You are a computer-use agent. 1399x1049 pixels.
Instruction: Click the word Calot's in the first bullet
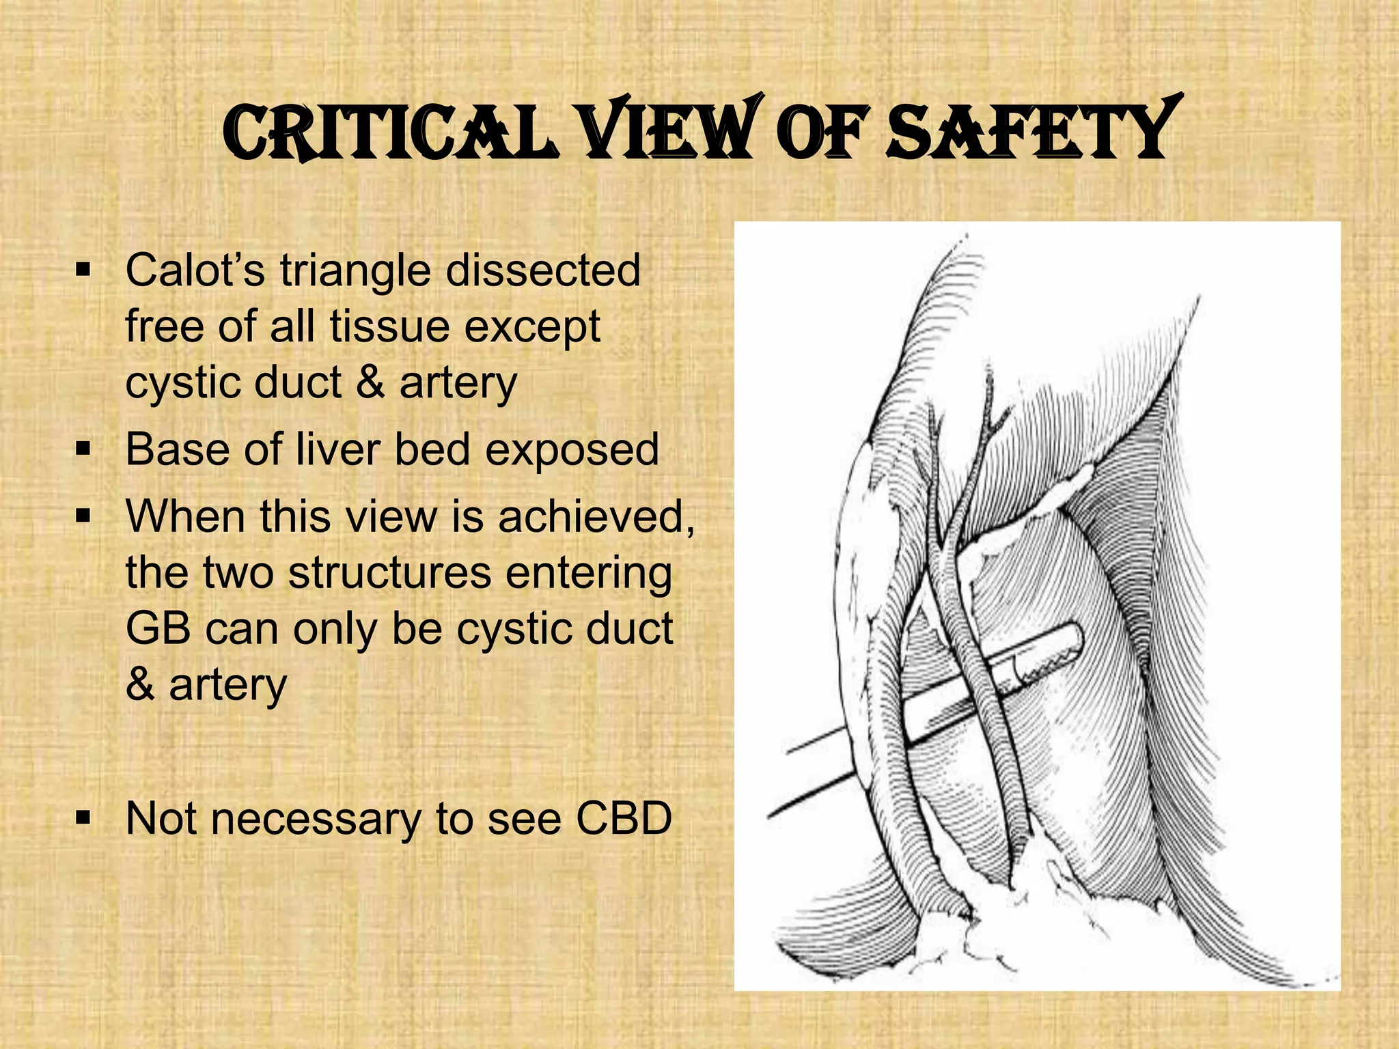[195, 270]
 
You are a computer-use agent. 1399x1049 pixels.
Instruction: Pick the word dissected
[543, 270]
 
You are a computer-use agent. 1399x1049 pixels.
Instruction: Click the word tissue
[389, 326]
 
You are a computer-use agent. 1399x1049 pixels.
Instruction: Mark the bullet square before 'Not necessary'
[83, 817]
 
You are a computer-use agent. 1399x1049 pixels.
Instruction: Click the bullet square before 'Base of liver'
[83, 449]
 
